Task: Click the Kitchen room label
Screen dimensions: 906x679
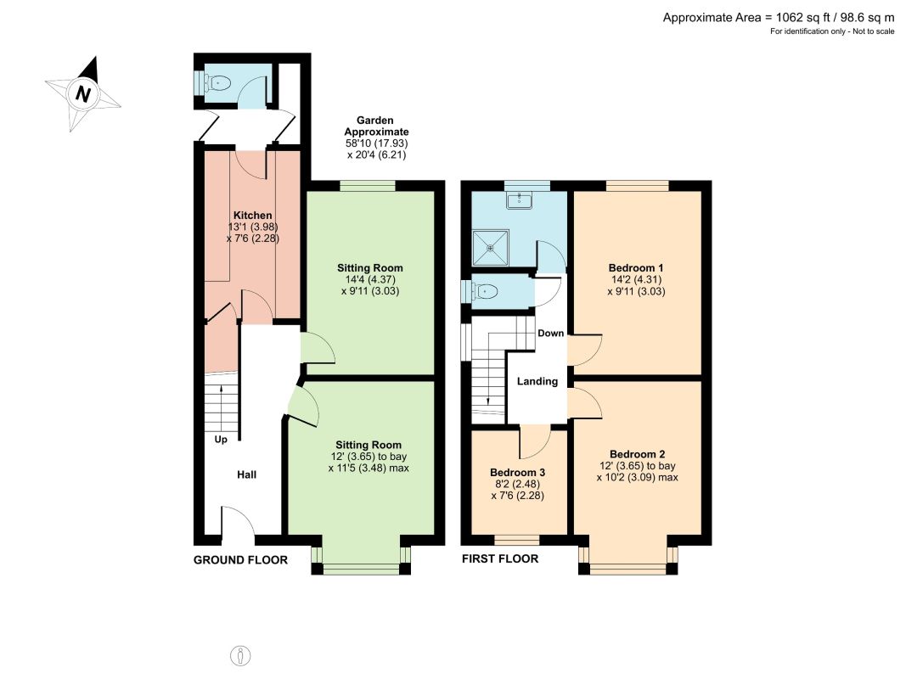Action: (x=252, y=216)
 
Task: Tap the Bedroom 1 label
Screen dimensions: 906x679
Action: (x=636, y=268)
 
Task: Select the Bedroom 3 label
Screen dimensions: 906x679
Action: (x=517, y=472)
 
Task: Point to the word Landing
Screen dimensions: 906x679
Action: (x=537, y=381)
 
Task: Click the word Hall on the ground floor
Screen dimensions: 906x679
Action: (x=247, y=474)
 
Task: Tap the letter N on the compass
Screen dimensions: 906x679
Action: (x=83, y=93)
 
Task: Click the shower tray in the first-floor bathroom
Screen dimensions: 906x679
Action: (x=491, y=249)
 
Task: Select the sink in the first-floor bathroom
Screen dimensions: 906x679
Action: (x=520, y=200)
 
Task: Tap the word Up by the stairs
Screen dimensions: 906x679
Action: (x=221, y=440)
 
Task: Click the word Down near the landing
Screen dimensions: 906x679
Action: (x=551, y=334)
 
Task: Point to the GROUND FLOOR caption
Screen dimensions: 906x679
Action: (x=240, y=560)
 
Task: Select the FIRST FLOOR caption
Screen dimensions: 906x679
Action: (x=500, y=559)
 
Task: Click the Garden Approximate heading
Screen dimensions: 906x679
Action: (x=376, y=126)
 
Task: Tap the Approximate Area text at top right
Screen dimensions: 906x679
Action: (x=779, y=17)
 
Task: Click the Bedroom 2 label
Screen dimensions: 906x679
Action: (x=638, y=454)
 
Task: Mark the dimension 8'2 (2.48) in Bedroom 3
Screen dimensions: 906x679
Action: (x=517, y=484)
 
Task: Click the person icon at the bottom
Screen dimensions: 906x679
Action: (x=240, y=656)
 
